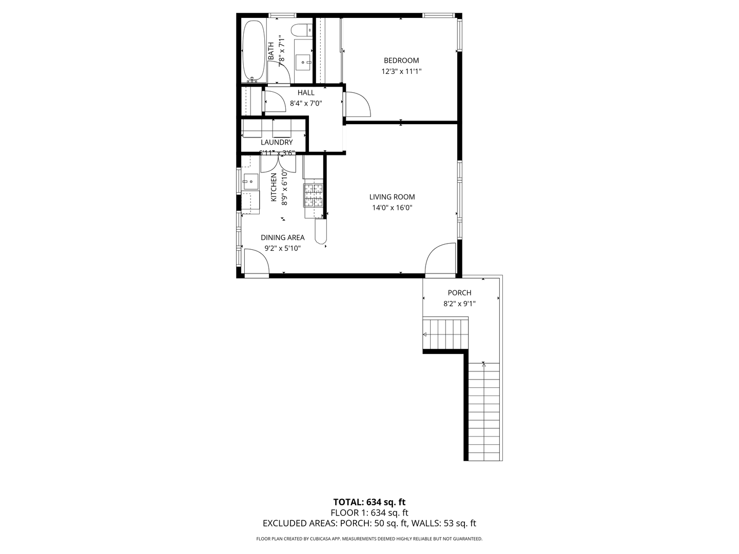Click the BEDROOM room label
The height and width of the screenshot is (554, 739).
click(x=401, y=61)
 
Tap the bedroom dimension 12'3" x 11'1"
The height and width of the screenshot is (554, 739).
click(x=401, y=72)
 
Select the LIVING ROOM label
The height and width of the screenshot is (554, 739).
click(x=392, y=197)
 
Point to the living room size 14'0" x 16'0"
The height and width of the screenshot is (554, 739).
click(x=392, y=208)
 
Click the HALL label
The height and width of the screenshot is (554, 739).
click(x=306, y=93)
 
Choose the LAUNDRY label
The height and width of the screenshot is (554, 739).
click(x=277, y=142)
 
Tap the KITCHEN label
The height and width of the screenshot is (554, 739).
click(x=274, y=187)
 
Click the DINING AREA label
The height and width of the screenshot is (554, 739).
click(x=282, y=238)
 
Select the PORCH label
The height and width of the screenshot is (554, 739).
click(x=459, y=293)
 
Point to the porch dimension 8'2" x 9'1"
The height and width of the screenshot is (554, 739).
click(x=459, y=304)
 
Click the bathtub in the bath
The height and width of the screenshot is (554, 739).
click(x=253, y=51)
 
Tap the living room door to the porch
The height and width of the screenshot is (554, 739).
click(x=440, y=260)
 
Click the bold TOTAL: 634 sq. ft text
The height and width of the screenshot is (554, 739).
click(x=369, y=502)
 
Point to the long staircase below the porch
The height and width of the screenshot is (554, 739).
click(x=484, y=410)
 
